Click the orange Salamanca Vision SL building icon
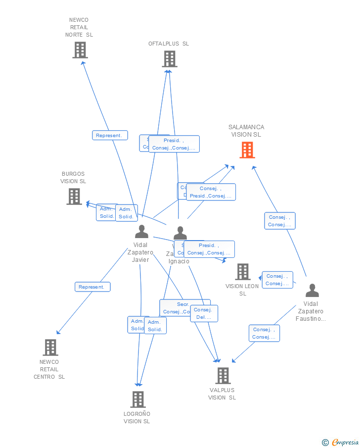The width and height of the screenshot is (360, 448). [x=247, y=149]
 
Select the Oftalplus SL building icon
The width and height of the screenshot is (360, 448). [x=169, y=59]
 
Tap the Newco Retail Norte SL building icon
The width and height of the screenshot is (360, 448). [x=80, y=50]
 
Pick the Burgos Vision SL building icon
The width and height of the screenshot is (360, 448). [x=74, y=196]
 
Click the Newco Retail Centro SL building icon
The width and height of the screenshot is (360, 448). [x=50, y=347]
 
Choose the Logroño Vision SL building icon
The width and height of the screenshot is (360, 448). [x=137, y=399]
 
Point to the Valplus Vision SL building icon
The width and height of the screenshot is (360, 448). [x=223, y=375]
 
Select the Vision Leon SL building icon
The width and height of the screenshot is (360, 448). [x=242, y=271]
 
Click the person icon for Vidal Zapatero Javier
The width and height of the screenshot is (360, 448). [x=141, y=231]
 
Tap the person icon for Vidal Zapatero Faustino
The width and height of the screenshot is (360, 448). [x=312, y=290]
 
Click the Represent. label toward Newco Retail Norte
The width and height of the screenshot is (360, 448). [x=110, y=135]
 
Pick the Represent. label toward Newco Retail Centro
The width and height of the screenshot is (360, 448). [x=92, y=287]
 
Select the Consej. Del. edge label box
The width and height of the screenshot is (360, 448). [x=204, y=313]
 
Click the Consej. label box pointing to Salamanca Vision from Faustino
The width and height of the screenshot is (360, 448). [x=280, y=221]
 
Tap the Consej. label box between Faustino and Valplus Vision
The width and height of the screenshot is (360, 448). [x=265, y=333]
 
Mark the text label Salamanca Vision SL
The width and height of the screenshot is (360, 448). [x=246, y=131]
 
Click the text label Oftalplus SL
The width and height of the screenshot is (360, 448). [x=169, y=44]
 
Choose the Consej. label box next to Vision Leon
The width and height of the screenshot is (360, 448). [x=277, y=280]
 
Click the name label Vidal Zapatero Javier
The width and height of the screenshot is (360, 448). [x=140, y=252]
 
